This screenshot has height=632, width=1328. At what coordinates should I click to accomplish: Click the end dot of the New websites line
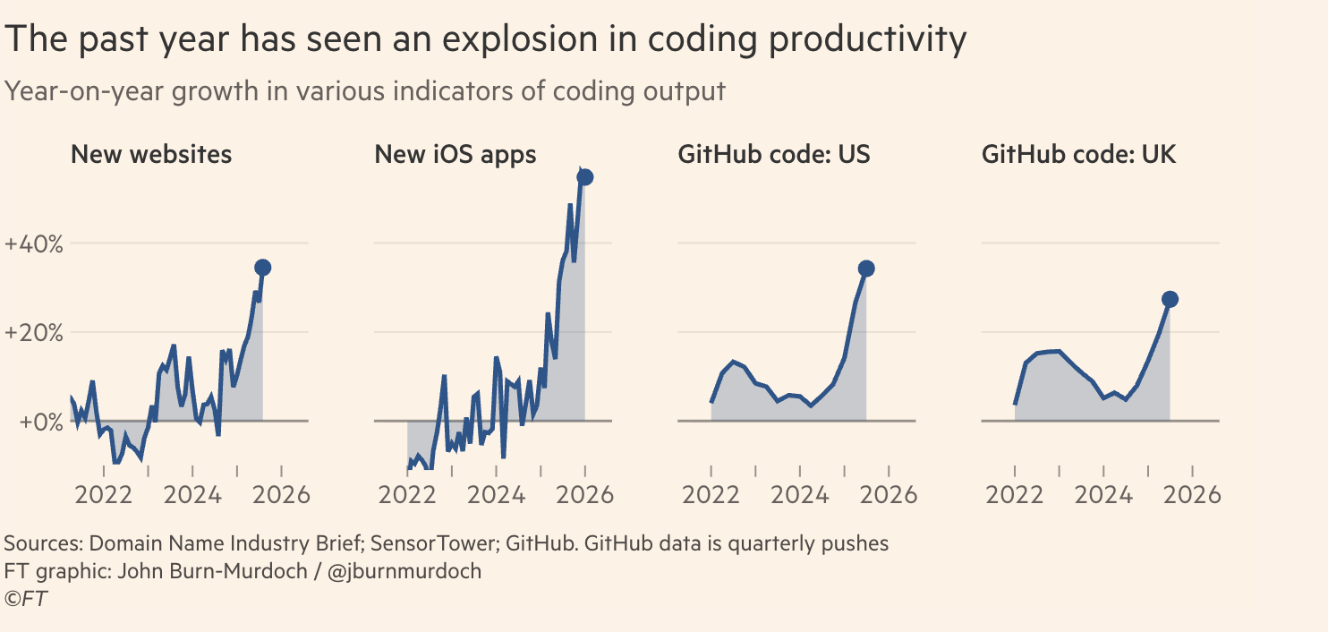point(262,268)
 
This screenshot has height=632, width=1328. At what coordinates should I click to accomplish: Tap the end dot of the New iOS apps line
point(585,177)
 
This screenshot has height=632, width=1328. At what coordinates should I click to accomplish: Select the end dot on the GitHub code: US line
point(866,269)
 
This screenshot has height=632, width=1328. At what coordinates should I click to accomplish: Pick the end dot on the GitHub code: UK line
point(1170,299)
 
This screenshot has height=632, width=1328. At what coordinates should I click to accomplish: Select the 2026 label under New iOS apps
point(584,495)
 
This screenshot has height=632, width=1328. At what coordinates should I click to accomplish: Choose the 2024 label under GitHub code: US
point(800,495)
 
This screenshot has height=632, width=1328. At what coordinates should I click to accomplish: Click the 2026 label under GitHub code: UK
point(1192,495)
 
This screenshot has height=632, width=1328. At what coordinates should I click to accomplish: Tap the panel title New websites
point(150,154)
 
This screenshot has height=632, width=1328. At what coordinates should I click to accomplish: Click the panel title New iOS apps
point(455,154)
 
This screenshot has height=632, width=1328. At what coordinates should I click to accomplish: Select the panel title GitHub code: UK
point(1078,154)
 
